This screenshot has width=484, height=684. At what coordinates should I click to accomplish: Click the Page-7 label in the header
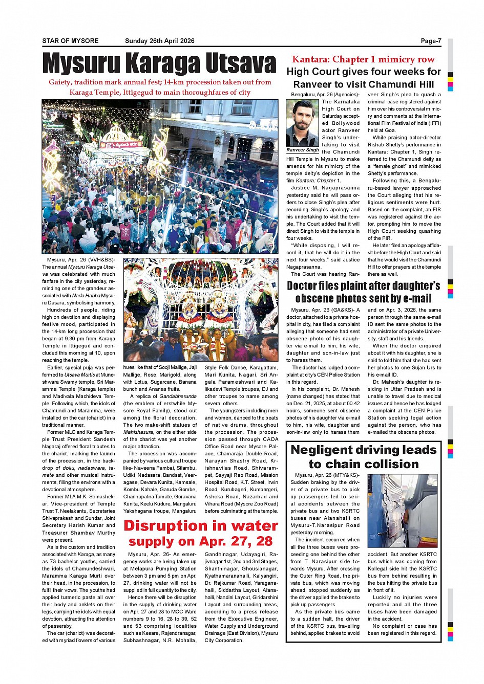(431, 41)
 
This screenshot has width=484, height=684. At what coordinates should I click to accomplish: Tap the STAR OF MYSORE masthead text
(70, 41)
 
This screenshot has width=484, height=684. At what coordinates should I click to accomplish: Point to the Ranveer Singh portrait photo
(302, 123)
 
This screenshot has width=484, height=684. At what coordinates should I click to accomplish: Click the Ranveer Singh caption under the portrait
(302, 150)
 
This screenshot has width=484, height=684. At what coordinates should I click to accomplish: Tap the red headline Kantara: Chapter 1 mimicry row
(363, 59)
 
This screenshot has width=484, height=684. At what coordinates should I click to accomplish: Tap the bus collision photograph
(403, 511)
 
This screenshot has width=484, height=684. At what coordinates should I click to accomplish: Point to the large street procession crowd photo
(160, 176)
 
